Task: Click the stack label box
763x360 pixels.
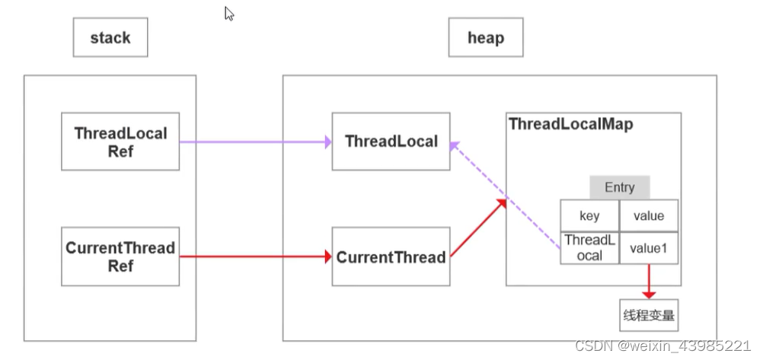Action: click(x=110, y=38)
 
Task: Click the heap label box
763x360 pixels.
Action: click(x=486, y=38)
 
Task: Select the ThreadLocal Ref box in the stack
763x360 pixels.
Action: click(x=120, y=142)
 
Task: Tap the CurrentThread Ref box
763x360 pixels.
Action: click(x=120, y=256)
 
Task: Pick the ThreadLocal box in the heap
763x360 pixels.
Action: click(x=391, y=142)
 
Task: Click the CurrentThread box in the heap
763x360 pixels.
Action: click(x=391, y=257)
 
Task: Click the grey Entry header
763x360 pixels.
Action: click(x=619, y=187)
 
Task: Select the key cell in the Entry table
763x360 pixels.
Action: click(x=589, y=215)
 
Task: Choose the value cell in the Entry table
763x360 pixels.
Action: click(x=649, y=215)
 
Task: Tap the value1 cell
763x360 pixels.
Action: click(x=649, y=247)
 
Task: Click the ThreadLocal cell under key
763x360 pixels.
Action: click(x=589, y=247)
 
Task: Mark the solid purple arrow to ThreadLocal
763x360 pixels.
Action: click(x=255, y=142)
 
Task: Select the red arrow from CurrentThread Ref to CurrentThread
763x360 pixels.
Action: click(x=255, y=256)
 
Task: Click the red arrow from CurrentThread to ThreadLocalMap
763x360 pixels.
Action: click(x=478, y=228)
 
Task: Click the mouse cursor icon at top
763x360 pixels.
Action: click(x=229, y=14)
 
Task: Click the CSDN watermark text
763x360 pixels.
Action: click(x=662, y=346)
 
